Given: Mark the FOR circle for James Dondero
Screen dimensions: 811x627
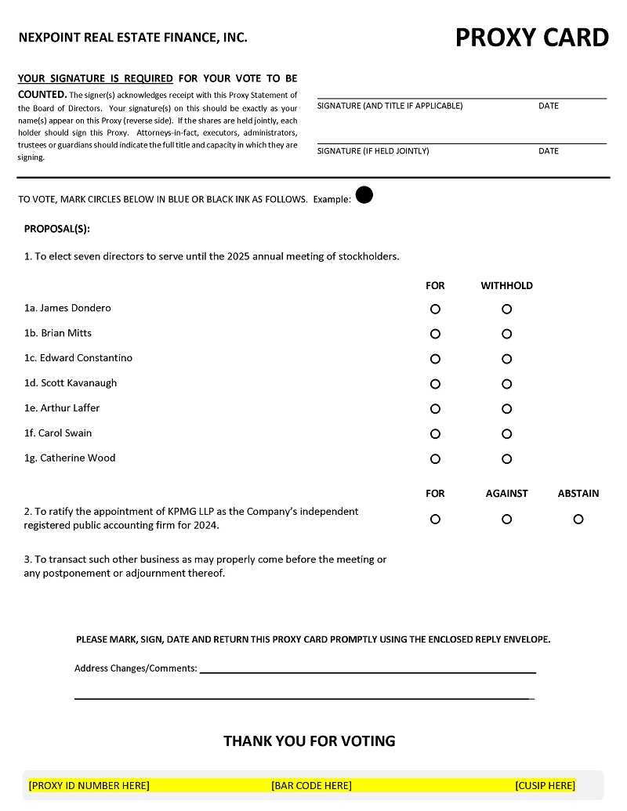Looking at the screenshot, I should click(435, 309).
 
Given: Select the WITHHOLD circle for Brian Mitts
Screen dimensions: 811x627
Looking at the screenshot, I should click(507, 334).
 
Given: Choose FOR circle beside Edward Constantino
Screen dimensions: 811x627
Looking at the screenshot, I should click(435, 359).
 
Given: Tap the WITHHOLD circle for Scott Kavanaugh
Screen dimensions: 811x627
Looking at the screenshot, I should click(507, 384).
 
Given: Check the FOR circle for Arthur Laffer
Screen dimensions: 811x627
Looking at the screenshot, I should click(435, 409).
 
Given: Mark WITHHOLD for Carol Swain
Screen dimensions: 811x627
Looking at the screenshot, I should click(507, 434).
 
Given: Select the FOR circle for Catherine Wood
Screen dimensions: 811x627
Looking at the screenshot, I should click(435, 459).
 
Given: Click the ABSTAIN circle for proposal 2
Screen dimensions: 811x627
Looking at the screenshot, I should click(578, 519).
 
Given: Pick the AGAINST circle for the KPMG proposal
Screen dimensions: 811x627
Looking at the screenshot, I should click(507, 519).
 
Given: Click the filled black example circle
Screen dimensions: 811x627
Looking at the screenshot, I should click(364, 195).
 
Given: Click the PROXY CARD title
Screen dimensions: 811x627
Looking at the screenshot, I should click(532, 38).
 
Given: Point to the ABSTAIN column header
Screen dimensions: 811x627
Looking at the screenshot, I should click(578, 494).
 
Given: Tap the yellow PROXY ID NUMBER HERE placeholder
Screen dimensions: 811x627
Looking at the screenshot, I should click(89, 785).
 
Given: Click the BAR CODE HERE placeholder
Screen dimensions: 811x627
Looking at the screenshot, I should click(311, 785).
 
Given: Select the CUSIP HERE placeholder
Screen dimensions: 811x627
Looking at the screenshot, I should click(545, 785).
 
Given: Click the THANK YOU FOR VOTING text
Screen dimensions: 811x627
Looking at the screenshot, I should click(310, 740).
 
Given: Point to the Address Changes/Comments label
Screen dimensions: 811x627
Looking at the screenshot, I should click(136, 668).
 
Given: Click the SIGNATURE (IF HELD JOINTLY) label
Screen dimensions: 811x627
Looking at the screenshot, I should click(373, 151).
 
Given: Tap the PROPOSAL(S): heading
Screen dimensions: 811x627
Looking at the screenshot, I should click(57, 229).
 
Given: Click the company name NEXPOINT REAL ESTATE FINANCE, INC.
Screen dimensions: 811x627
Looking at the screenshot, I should click(132, 37).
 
